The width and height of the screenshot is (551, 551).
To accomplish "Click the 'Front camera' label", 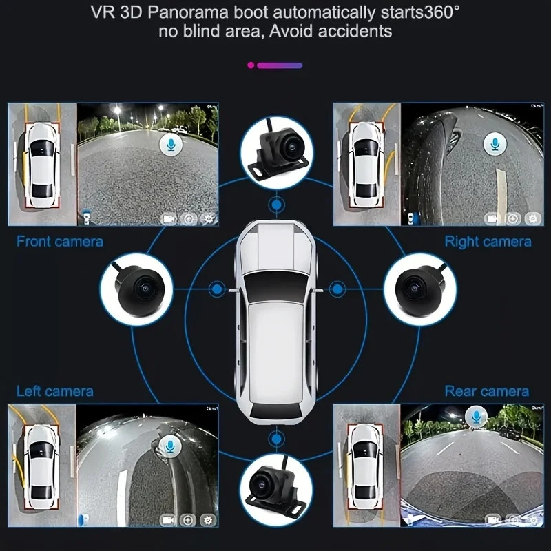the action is click(60, 242).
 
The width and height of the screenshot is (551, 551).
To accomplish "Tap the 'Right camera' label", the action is click(488, 242).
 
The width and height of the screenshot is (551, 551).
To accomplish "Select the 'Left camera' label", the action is click(55, 391).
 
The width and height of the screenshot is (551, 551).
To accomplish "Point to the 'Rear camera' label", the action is click(487, 391).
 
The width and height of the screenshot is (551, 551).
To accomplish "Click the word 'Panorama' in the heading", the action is click(188, 12).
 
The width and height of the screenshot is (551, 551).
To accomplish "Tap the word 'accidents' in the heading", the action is click(355, 31).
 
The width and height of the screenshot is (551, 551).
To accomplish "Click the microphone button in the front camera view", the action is click(171, 145).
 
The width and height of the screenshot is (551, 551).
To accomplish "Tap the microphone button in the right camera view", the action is click(495, 144).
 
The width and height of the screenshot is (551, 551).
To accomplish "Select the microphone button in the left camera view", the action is click(170, 446).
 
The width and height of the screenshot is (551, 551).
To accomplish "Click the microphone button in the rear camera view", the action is click(476, 417).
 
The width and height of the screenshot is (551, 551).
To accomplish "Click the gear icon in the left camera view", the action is click(208, 520).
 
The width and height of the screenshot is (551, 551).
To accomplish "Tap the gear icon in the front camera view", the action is click(209, 218).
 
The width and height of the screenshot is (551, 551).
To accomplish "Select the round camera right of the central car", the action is click(420, 289).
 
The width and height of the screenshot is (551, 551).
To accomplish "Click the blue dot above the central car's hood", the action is click(277, 205).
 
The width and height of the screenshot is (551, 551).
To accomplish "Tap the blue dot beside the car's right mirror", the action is click(337, 289).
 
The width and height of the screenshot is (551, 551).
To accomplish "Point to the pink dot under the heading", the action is click(251, 65).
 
